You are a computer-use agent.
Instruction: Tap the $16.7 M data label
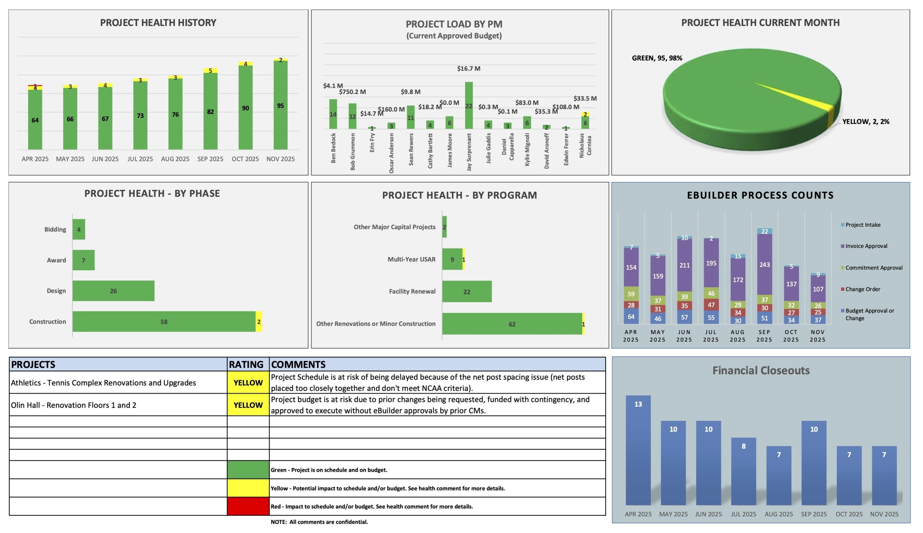tap(468, 68)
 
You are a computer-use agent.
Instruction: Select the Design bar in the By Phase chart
tap(113, 291)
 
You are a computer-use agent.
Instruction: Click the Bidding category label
tap(55, 230)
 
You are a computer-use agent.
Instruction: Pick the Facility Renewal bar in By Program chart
tap(467, 292)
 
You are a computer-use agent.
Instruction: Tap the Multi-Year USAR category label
tap(411, 259)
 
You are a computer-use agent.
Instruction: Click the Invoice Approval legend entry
tap(866, 246)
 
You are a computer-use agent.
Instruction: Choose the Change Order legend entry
tap(862, 289)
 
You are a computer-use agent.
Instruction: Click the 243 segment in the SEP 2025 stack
tap(764, 264)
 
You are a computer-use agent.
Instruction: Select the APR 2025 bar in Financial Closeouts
tap(638, 450)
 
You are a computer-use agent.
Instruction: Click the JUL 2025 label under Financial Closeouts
tap(743, 514)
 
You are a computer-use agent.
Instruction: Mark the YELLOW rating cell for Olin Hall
tap(248, 405)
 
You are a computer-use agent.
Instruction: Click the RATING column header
tap(246, 365)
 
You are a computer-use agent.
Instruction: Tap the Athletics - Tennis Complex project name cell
tap(103, 383)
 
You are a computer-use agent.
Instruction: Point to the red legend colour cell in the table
tap(248, 506)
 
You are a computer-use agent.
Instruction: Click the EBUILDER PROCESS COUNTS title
tap(760, 195)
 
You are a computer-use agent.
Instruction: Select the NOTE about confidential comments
tap(319, 522)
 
